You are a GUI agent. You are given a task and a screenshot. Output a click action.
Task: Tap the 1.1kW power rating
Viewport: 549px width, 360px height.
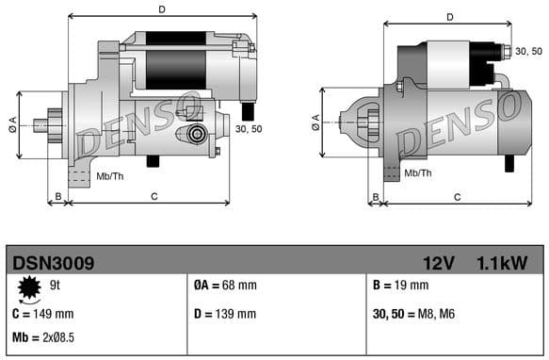[501, 263]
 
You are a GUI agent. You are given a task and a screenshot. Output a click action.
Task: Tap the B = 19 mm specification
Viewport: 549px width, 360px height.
[400, 286]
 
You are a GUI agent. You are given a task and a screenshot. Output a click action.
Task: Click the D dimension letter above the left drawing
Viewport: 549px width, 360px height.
[162, 9]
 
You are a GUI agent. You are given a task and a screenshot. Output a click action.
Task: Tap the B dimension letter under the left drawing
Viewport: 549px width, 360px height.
[57, 197]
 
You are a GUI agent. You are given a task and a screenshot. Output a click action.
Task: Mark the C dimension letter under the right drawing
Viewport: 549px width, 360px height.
[457, 197]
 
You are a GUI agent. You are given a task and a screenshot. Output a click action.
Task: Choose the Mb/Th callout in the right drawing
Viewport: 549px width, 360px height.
[417, 173]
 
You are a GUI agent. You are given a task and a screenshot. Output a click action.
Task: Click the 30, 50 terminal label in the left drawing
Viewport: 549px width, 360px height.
[249, 128]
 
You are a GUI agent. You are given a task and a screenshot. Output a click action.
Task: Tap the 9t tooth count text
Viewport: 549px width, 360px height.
[56, 285]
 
